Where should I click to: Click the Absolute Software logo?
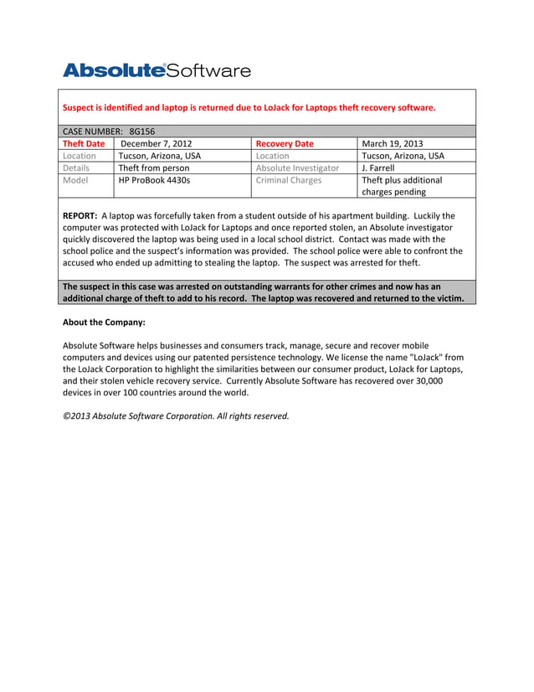pos(157,70)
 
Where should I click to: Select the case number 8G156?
pos(143,132)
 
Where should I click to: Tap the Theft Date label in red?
pos(84,143)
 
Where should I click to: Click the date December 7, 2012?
pos(157,143)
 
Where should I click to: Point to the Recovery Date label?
pos(285,143)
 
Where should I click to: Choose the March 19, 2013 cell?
pos(392,143)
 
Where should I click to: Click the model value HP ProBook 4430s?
pos(154,179)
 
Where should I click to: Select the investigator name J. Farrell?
pos(377,168)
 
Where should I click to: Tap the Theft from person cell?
pos(154,168)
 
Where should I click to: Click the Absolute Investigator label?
pos(297,168)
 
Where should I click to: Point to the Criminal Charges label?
pos(288,179)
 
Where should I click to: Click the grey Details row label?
pos(77,168)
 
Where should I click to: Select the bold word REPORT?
pos(80,215)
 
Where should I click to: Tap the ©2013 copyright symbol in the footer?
pos(66,416)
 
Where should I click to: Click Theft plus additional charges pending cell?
pos(402,185)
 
